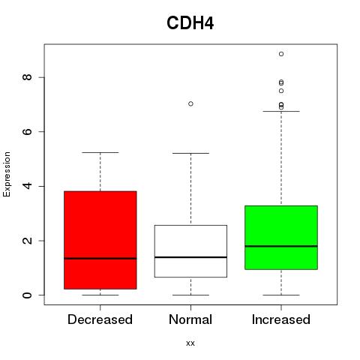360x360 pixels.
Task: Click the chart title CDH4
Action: (x=190, y=23)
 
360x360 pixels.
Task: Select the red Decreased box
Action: (x=100, y=240)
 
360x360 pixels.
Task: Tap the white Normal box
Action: (x=190, y=251)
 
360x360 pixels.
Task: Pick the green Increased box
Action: (x=281, y=238)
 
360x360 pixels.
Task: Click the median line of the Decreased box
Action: (x=100, y=259)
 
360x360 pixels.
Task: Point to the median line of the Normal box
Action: (x=190, y=257)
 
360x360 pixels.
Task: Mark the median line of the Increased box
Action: (x=281, y=246)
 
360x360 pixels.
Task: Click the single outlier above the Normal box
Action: (x=190, y=103)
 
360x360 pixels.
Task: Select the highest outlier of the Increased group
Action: (x=281, y=54)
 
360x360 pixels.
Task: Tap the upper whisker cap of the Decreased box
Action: (x=100, y=152)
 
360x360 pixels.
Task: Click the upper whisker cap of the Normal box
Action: (x=190, y=153)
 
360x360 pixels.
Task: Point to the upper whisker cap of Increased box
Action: (x=281, y=111)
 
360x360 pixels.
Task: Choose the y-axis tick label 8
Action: (x=27, y=77)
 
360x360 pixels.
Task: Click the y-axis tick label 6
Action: (x=27, y=132)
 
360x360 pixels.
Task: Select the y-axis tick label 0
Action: (x=27, y=295)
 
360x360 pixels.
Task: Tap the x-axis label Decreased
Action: (x=100, y=319)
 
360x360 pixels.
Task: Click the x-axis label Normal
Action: (x=190, y=319)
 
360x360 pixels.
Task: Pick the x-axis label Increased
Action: (x=281, y=319)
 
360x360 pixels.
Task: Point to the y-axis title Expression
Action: (x=7, y=175)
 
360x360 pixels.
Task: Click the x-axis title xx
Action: (x=190, y=343)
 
